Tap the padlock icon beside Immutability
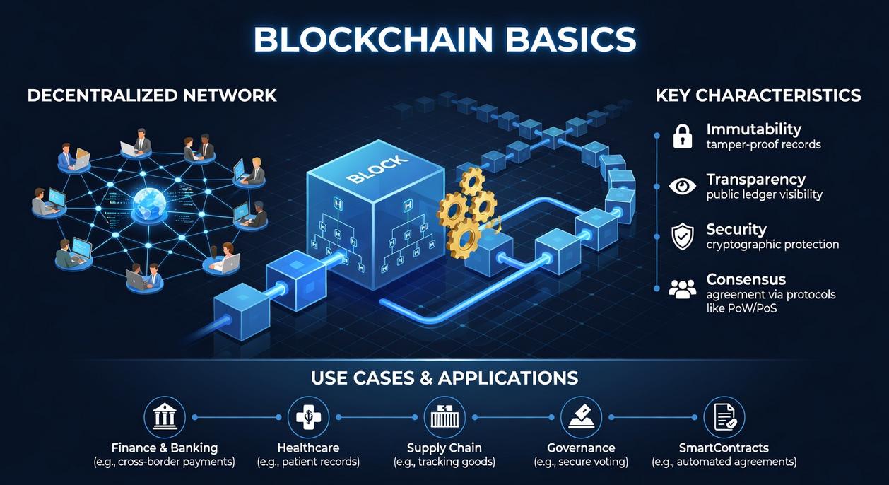(x=682, y=136)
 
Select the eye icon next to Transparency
(x=682, y=186)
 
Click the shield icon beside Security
(x=682, y=236)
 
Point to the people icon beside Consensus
(x=682, y=288)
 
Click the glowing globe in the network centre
(x=149, y=203)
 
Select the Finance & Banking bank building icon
(x=165, y=417)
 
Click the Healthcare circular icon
(x=308, y=417)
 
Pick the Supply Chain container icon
(x=444, y=417)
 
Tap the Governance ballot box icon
(x=581, y=417)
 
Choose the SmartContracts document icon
(x=724, y=417)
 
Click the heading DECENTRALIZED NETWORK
(x=152, y=95)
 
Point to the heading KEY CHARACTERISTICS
(x=758, y=95)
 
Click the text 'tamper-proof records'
(x=763, y=145)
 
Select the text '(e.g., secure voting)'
(x=581, y=462)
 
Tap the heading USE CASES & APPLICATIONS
(x=444, y=378)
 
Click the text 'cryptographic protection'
(x=772, y=245)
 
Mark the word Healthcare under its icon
(x=308, y=448)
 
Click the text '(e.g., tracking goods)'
(x=444, y=462)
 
